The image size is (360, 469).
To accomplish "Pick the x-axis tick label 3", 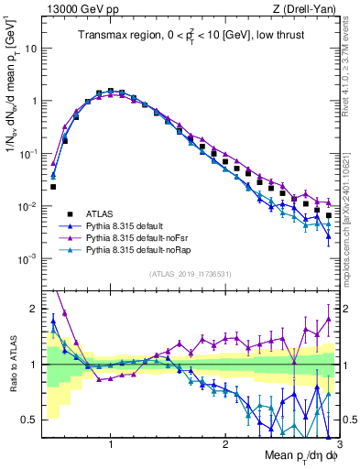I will (338, 442).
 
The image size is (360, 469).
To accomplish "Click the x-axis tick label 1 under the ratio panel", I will (111, 442).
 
